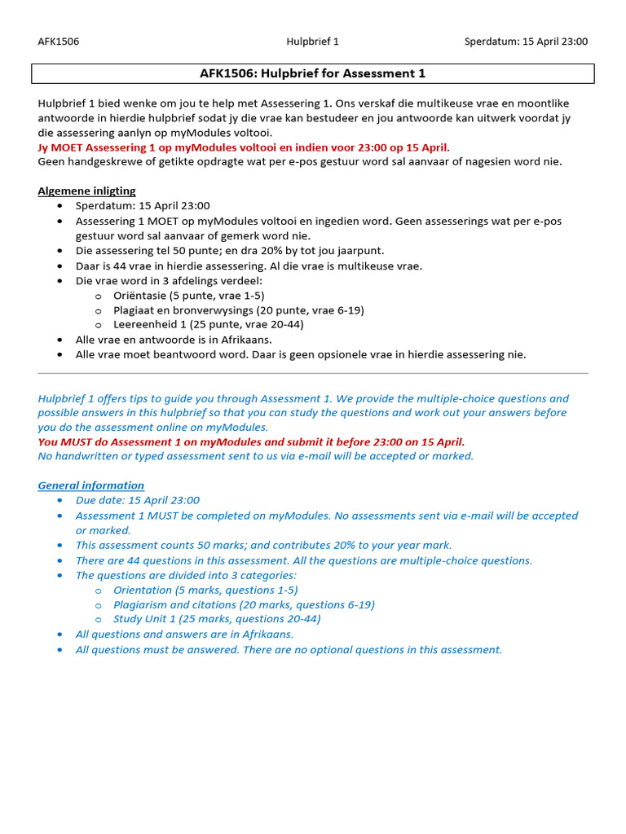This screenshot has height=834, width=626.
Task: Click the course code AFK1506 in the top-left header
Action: click(x=58, y=42)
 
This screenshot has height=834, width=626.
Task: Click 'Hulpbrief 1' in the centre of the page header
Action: click(x=312, y=42)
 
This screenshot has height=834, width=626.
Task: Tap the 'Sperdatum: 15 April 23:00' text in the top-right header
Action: click(x=526, y=42)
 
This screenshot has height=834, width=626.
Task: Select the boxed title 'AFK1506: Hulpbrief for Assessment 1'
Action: click(x=313, y=74)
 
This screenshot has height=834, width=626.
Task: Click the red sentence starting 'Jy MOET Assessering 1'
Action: click(x=244, y=147)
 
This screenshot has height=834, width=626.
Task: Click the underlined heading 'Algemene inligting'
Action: click(x=86, y=191)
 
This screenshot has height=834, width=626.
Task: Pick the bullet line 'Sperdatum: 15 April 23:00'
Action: click(x=143, y=206)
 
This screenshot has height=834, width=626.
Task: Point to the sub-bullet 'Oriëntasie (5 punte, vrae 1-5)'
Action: click(x=189, y=296)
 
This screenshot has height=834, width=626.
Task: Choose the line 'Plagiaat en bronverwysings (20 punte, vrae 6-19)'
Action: click(x=239, y=310)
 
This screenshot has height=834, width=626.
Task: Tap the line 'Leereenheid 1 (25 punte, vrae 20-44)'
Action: click(x=209, y=324)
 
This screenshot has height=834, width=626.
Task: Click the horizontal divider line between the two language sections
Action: click(x=313, y=373)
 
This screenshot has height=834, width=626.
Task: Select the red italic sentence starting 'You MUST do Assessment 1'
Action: click(x=251, y=441)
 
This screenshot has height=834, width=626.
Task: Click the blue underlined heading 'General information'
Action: click(x=91, y=485)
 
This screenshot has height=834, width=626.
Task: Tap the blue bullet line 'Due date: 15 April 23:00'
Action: click(x=137, y=500)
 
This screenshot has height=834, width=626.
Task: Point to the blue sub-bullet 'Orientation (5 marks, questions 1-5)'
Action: click(x=205, y=590)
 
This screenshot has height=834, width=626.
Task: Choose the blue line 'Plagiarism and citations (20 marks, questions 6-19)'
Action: click(x=244, y=604)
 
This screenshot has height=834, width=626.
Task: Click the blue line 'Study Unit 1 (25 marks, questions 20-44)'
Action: click(x=217, y=618)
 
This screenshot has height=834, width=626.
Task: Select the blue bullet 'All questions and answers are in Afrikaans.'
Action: click(x=184, y=634)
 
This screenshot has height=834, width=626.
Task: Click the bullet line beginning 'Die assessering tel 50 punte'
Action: click(x=230, y=251)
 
